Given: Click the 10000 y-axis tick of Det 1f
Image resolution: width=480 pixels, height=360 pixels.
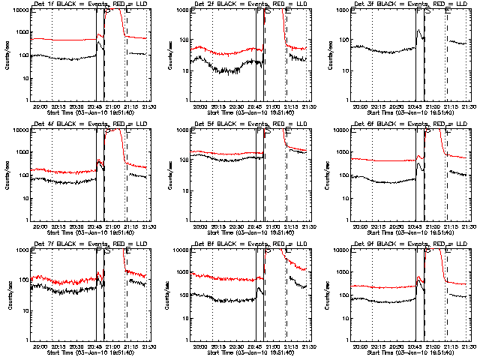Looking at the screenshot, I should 19,10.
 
